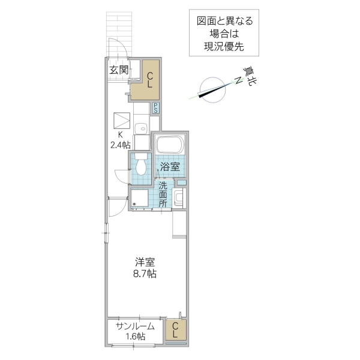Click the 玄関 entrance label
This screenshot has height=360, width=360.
(x=118, y=70)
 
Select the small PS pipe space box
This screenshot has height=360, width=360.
(x=155, y=109)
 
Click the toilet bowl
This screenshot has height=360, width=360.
(x=141, y=164)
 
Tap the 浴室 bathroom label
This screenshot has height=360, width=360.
(x=170, y=167)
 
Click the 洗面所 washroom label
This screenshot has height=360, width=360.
(x=163, y=194)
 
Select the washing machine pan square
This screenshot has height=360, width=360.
(x=140, y=199)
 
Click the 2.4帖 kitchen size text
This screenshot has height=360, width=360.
(x=120, y=145)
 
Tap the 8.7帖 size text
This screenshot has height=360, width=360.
(x=145, y=274)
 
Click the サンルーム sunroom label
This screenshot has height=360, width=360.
(x=135, y=326)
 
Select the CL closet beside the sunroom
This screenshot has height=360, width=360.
(x=175, y=331)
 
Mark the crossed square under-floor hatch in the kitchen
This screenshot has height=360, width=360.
(x=122, y=119)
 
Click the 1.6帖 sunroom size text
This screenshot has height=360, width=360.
(x=135, y=337)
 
